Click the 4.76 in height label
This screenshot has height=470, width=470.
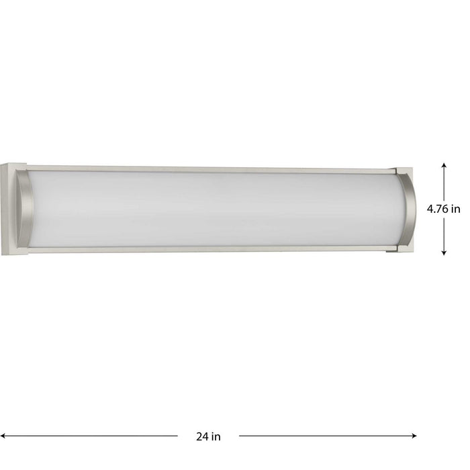[x=444, y=208]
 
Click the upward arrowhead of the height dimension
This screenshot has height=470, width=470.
[x=444, y=164]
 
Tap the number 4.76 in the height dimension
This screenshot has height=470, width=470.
[x=438, y=208]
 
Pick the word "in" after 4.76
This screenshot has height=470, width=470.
[x=457, y=208]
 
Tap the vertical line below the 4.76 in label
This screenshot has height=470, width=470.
[x=444, y=235]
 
